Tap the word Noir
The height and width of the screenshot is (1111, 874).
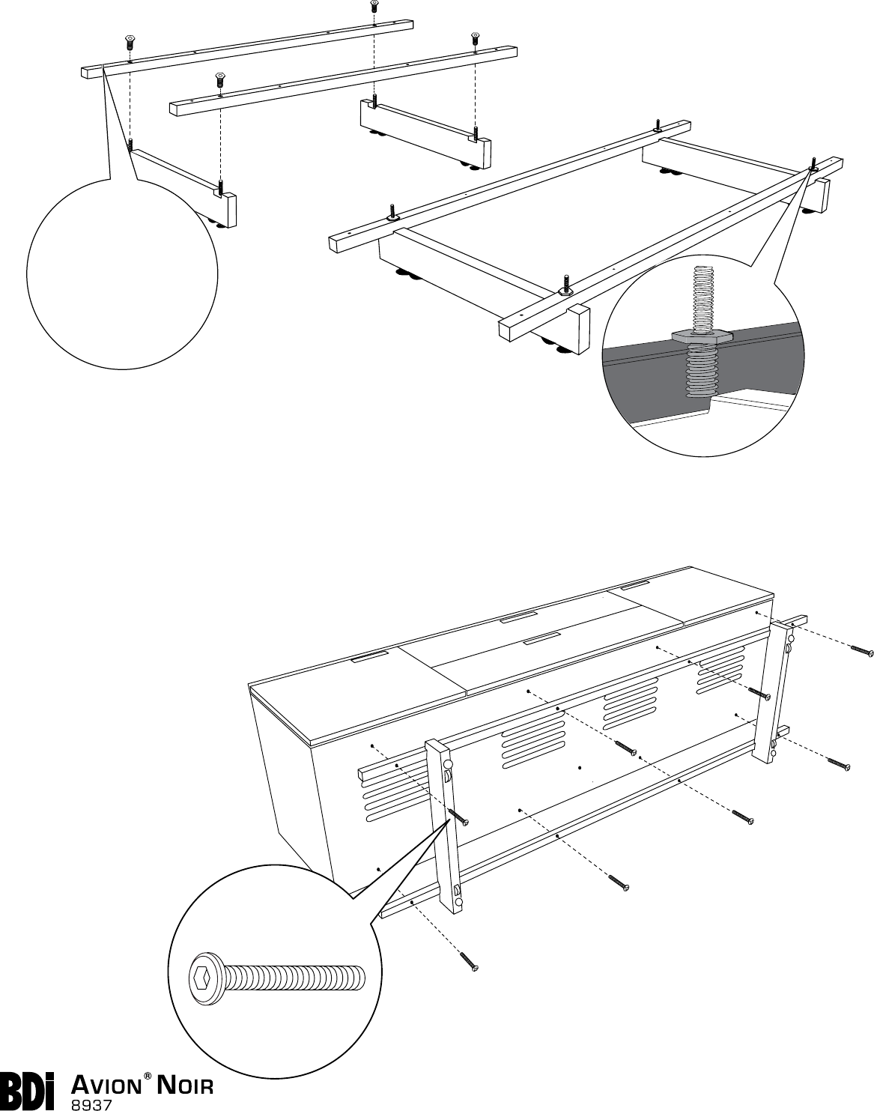184,1084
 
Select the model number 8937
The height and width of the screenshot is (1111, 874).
91,1104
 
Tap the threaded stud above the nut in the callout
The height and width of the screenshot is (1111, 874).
701,296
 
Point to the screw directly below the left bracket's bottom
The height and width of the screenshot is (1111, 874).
470,963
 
